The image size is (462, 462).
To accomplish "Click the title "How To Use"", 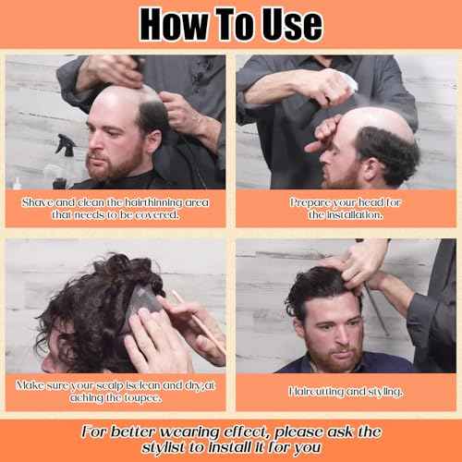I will click(x=231, y=25).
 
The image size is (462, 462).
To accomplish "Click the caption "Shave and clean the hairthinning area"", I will click(x=114, y=201).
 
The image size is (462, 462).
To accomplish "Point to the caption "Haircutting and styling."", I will click(x=346, y=392).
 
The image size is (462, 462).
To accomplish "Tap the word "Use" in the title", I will click(x=286, y=25).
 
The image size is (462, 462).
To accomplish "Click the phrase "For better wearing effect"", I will click(x=176, y=432).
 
